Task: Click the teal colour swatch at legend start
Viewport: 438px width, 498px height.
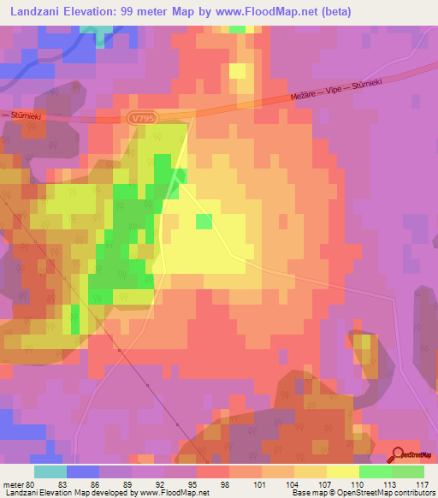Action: (50, 471)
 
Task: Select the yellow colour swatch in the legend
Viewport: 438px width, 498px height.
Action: (343, 471)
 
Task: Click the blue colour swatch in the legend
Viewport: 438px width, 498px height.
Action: (83, 471)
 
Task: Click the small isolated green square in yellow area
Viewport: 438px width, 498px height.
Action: (204, 222)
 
